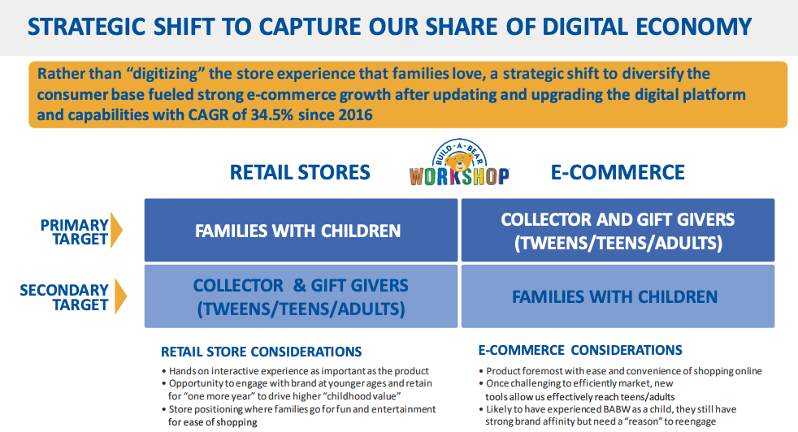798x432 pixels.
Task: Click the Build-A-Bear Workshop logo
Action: point(459,163)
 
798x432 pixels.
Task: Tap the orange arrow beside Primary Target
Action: point(116,230)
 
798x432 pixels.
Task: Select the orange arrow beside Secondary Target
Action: point(120,296)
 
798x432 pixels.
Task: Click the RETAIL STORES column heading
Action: point(300,172)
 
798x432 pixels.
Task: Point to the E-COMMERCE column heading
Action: point(618,172)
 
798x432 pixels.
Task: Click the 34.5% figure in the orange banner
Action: point(271,115)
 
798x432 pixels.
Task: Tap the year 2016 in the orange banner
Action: point(356,115)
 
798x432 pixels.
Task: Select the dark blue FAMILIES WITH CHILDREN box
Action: point(301,230)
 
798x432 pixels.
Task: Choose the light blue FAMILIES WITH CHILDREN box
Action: point(618,296)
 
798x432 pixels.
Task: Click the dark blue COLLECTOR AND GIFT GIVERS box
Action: point(618,230)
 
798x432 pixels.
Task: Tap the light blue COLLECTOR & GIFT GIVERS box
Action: point(301,296)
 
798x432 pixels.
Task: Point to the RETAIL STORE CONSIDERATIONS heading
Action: point(261,352)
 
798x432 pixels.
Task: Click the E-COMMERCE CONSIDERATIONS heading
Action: point(580,350)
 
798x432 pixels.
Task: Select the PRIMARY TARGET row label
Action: point(74,232)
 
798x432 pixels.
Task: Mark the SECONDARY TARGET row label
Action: point(64,297)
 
